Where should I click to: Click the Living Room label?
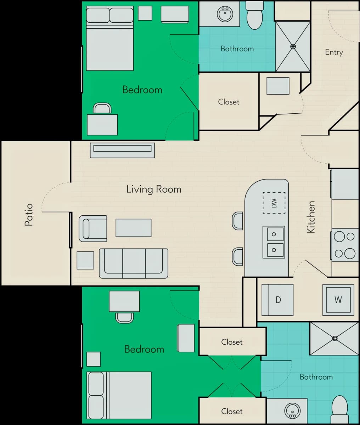tap(154, 189)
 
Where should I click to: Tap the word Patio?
tap(29, 215)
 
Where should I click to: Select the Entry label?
tap(334, 52)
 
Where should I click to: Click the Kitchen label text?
tap(311, 217)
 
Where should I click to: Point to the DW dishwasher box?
tap(274, 203)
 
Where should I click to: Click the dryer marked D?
tap(277, 300)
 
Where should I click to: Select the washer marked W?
tap(338, 300)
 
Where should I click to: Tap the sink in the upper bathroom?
tap(225, 14)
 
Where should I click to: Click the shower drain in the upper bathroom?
tap(293, 46)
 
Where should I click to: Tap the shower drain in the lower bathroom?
tap(335, 338)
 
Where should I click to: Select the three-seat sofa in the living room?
tap(134, 263)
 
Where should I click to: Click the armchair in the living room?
tap(93, 228)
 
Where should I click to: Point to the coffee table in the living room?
tap(134, 228)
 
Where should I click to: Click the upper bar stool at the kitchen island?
tap(237, 221)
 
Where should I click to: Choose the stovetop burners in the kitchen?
tap(344, 245)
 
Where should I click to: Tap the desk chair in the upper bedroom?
tap(102, 108)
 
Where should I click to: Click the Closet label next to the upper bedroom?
tap(229, 102)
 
